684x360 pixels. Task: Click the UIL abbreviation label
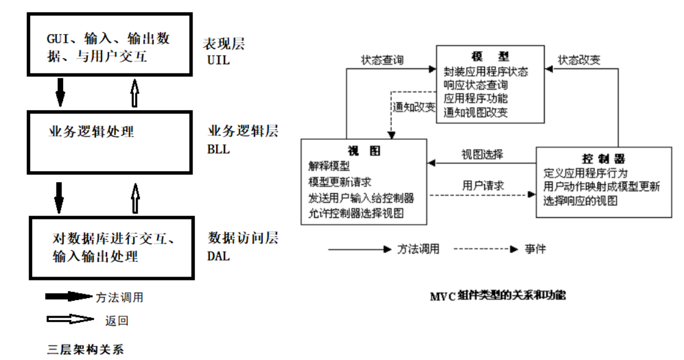pos(219,60)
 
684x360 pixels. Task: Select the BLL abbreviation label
pos(219,149)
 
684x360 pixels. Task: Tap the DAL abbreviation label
pos(219,256)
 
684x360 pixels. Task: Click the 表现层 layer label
pos(224,43)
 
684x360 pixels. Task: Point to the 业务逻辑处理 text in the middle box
pos(92,132)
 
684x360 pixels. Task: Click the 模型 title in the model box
pos(490,57)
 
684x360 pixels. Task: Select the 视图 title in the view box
pos(364,151)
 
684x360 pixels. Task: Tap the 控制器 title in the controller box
pos(603,159)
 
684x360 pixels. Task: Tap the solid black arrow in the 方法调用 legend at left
pos(68,297)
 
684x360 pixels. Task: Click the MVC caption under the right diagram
pos(498,296)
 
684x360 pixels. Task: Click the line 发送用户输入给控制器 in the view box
pos(361,198)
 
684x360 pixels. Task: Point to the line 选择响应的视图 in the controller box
pos(580,200)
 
